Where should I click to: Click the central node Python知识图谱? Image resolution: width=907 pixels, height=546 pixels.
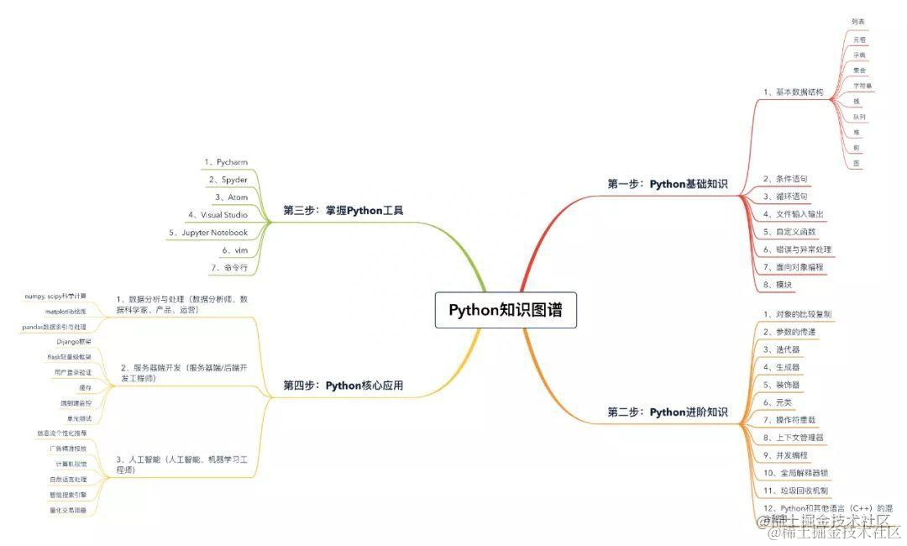(506, 310)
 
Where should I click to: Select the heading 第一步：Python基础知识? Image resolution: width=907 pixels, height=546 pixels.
(668, 184)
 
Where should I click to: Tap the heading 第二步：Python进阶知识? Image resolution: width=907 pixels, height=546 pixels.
(668, 412)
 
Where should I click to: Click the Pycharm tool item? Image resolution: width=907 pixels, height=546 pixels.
(226, 161)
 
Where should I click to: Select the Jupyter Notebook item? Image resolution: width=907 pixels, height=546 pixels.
(208, 232)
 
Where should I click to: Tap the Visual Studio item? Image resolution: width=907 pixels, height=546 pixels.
(218, 214)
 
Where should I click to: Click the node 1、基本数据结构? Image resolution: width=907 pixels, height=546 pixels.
(793, 92)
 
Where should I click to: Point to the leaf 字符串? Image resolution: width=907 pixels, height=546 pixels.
(862, 86)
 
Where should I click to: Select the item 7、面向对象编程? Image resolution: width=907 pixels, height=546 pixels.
(793, 266)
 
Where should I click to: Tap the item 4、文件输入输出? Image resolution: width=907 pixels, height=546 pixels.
(793, 213)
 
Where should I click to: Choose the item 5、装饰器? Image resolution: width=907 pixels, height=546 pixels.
(781, 385)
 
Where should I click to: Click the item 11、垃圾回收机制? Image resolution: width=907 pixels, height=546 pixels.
(795, 490)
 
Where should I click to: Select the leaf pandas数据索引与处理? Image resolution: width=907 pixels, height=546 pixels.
(54, 326)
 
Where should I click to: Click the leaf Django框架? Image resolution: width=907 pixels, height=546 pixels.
(74, 342)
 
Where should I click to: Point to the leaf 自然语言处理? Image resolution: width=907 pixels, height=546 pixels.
(68, 479)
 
